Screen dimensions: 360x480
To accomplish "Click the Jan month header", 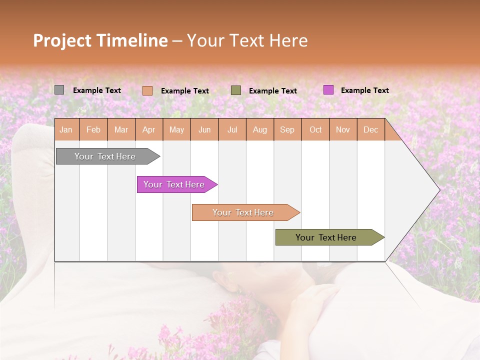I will click(x=66, y=129).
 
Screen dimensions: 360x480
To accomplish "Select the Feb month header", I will click(x=93, y=129).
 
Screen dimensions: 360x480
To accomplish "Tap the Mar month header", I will click(x=121, y=129).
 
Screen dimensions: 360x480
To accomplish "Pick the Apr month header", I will click(x=149, y=129).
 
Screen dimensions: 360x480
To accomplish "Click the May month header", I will click(x=176, y=129).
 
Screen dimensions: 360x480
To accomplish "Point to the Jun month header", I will click(x=204, y=129).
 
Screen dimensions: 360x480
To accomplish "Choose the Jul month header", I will click(x=232, y=129).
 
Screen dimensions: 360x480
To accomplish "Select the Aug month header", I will click(x=260, y=129).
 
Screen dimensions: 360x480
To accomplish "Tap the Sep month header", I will click(x=287, y=129).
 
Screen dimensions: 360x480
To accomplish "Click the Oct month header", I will click(x=315, y=129).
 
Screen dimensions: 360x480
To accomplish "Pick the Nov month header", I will click(x=343, y=129).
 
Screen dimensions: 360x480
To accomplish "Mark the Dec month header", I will click(x=370, y=129).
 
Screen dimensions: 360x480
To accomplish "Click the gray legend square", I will click(x=59, y=90).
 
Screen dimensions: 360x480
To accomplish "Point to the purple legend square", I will click(x=328, y=90).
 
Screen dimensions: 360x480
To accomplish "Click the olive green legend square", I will click(x=236, y=90).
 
